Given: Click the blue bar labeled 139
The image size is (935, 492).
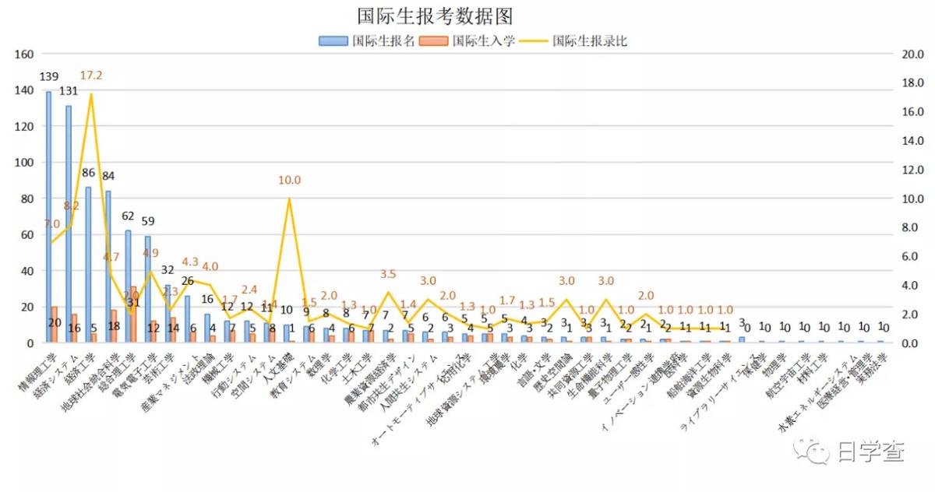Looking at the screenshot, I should [x=48, y=218].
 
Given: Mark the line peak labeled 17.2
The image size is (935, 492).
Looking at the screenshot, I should [x=91, y=94].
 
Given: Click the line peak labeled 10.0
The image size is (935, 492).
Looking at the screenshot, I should [x=290, y=199].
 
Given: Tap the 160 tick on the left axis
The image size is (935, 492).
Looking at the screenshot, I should [x=23, y=54].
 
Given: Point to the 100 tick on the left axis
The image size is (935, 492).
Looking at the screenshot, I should [x=23, y=163].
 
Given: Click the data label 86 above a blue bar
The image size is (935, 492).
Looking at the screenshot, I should [x=88, y=173].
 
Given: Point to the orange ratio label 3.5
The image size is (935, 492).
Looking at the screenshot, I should [x=388, y=274].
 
